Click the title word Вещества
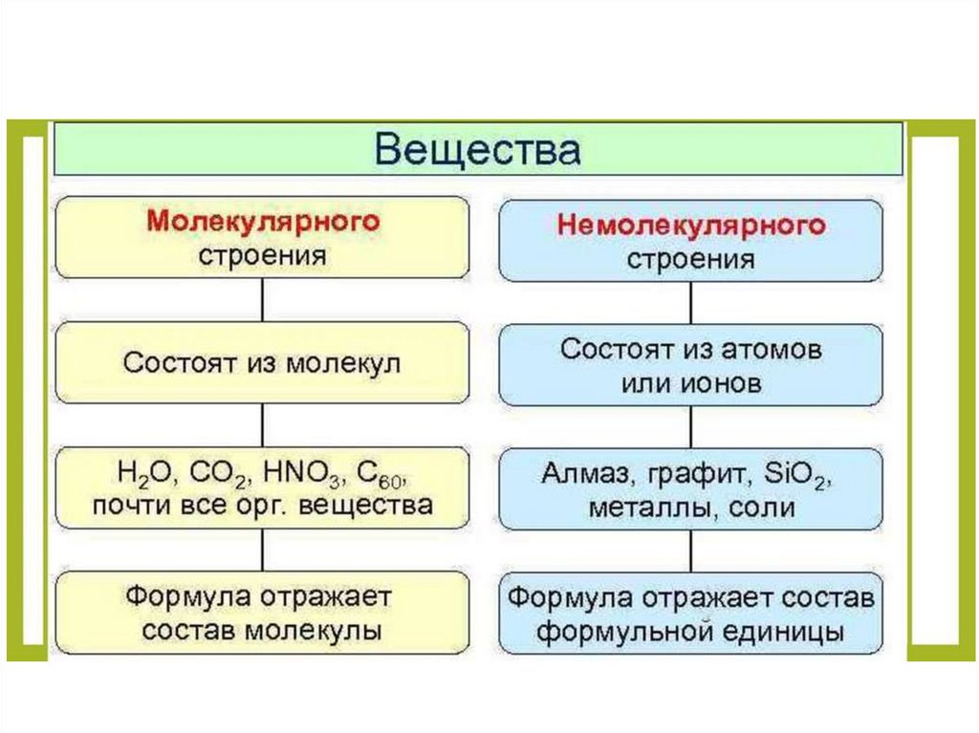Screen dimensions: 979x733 477,151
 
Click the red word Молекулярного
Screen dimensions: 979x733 263,222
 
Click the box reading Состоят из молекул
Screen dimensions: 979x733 262,363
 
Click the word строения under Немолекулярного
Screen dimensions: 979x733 690,259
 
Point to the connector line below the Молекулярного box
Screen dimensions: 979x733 262,300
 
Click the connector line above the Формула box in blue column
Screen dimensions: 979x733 690,551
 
